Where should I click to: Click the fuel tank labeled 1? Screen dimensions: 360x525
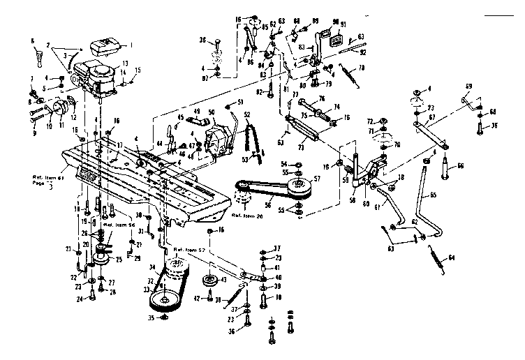coord(104,47)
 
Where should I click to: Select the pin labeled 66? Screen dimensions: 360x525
coord(445,169)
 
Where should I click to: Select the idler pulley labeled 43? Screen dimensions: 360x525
coord(207,282)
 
